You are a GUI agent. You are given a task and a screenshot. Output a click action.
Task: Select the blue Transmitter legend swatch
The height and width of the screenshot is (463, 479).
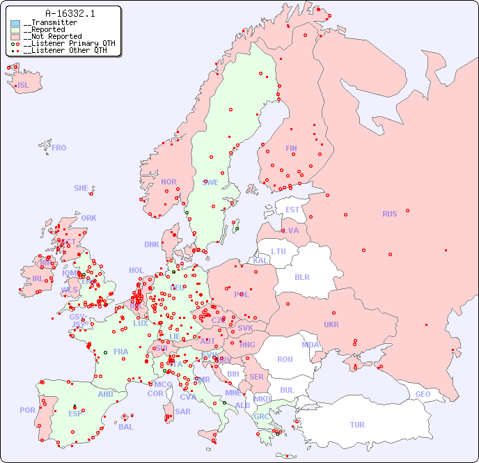(x=15, y=23)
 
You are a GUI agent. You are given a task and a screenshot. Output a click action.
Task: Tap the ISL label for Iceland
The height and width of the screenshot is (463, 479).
(x=24, y=86)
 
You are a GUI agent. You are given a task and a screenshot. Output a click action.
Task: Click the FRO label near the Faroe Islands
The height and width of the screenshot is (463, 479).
(x=59, y=148)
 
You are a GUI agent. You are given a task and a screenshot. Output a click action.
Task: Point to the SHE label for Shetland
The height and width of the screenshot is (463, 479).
(x=81, y=188)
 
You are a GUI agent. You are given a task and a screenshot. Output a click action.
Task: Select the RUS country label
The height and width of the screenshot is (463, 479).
(x=389, y=214)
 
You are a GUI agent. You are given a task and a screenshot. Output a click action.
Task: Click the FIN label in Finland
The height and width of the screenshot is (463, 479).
(x=291, y=148)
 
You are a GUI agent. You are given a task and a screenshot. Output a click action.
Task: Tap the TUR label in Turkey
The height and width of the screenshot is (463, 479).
(x=357, y=425)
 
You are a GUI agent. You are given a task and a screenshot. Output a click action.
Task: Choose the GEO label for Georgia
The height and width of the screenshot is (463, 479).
(x=423, y=394)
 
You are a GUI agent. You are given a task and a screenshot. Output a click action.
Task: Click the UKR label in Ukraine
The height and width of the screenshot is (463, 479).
(x=331, y=324)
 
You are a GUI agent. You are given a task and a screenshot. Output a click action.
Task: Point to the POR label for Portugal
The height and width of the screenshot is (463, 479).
(x=27, y=410)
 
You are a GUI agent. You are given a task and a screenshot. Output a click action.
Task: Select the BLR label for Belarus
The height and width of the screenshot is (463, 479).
(x=302, y=276)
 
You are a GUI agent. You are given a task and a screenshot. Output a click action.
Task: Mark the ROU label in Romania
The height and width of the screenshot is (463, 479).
(x=285, y=359)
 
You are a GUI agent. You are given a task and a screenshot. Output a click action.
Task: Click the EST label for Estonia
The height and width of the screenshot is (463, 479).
(x=292, y=210)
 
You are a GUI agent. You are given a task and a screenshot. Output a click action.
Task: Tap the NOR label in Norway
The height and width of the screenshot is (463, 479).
(x=168, y=182)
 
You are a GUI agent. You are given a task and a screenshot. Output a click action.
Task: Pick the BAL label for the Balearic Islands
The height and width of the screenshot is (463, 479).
(x=125, y=427)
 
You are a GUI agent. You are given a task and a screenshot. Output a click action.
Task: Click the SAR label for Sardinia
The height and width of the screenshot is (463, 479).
(x=183, y=411)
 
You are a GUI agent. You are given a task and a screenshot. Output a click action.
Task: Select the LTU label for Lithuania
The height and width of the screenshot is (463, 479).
(x=278, y=251)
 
